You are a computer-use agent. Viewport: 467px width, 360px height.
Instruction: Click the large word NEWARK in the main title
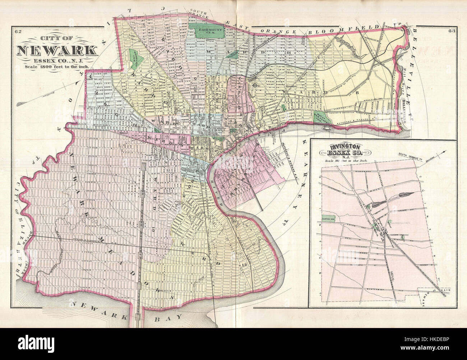56,50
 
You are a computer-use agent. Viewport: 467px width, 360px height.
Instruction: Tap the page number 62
18,31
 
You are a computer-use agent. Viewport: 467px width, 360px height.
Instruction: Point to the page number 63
452,31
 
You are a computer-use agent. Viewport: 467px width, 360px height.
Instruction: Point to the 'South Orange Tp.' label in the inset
413,156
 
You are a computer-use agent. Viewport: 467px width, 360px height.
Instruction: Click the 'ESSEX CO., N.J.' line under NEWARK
57,60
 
